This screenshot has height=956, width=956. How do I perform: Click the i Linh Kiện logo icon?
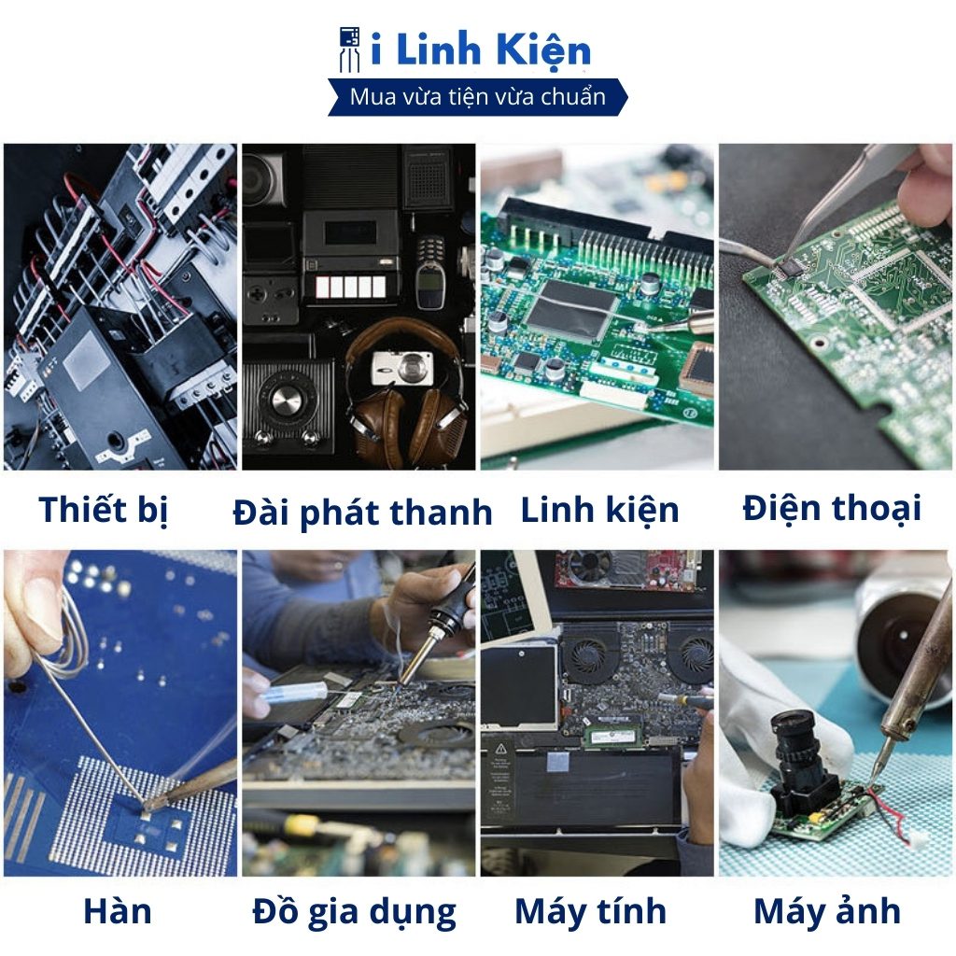coord(350,49)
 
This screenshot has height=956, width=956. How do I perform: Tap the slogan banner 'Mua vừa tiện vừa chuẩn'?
coord(478,97)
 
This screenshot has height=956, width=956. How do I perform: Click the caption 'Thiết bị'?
coord(103,510)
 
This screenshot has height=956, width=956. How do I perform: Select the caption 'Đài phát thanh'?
coord(363,513)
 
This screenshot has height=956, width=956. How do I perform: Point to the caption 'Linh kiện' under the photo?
coord(599,510)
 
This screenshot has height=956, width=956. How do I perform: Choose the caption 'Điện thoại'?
coord(832,508)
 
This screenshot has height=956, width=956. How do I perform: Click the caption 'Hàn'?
coord(117,911)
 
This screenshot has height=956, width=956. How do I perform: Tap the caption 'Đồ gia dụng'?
coord(354,913)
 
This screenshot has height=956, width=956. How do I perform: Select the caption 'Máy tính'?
coord(590,911)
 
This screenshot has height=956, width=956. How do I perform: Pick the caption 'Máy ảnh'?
coord(827,911)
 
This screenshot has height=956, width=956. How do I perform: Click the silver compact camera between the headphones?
coord(402,367)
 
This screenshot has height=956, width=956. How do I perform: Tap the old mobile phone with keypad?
coord(430,272)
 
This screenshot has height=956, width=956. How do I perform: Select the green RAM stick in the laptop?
coord(612,736)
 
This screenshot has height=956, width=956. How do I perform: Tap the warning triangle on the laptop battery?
coord(501,749)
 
